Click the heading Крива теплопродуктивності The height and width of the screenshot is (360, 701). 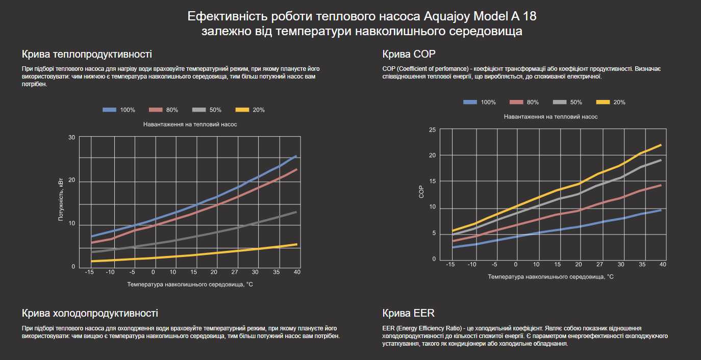[x=87, y=55]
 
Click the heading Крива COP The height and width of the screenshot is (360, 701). [x=409, y=55]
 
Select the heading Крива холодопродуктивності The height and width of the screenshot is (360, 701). [x=90, y=313]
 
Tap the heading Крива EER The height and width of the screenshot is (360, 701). [x=408, y=313]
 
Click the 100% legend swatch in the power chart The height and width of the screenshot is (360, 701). [x=110, y=110]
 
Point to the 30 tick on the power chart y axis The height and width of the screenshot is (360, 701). [x=71, y=138]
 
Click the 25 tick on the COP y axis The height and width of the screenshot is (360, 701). [x=432, y=130]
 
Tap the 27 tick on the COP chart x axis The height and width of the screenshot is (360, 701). [x=599, y=265]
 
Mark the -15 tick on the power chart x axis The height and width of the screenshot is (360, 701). [x=90, y=272]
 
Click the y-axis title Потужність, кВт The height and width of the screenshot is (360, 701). [x=61, y=199]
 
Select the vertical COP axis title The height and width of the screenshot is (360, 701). [x=421, y=191]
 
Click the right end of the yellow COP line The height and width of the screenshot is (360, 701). [x=661, y=145]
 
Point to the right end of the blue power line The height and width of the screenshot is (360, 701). [x=296, y=156]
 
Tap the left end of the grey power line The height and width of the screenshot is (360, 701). [x=92, y=252]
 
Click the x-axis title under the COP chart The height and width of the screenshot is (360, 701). [x=550, y=277]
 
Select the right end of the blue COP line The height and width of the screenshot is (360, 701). [x=661, y=210]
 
